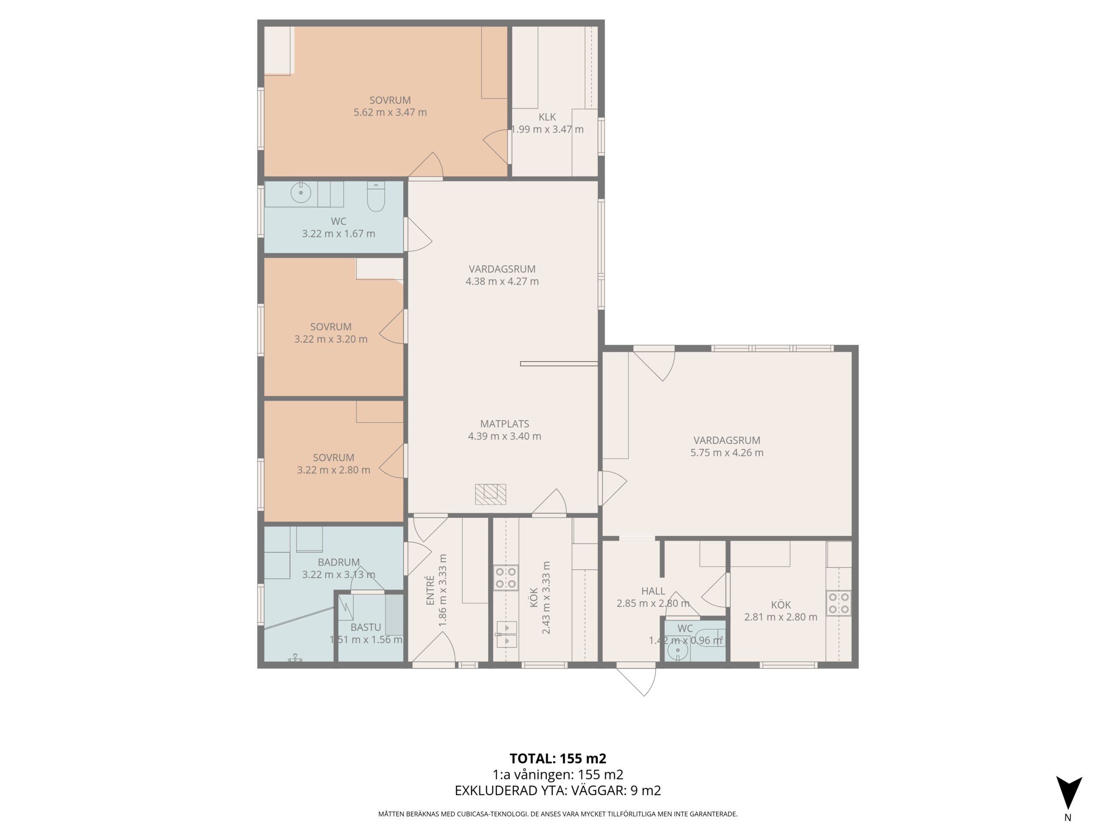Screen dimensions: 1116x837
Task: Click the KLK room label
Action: point(547,117)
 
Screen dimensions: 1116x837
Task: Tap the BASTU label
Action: point(366,627)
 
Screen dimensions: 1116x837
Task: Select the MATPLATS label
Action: point(504,424)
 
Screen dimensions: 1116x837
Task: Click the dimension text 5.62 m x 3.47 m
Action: point(390,112)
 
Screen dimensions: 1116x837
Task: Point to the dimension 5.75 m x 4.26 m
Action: point(727,453)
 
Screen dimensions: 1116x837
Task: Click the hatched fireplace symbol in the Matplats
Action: point(490,494)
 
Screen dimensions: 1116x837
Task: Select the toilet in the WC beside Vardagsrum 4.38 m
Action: point(376,196)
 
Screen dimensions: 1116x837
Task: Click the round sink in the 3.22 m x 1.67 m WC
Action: point(301,192)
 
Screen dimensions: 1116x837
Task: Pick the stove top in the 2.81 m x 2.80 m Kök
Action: point(838,603)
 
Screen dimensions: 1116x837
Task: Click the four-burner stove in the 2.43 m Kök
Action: point(506,578)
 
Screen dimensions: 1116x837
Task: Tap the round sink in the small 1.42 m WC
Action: point(677,651)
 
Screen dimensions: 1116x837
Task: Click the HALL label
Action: point(653,591)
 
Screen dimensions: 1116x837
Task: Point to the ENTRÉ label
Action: point(430,590)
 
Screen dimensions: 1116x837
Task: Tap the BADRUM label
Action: point(339,562)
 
